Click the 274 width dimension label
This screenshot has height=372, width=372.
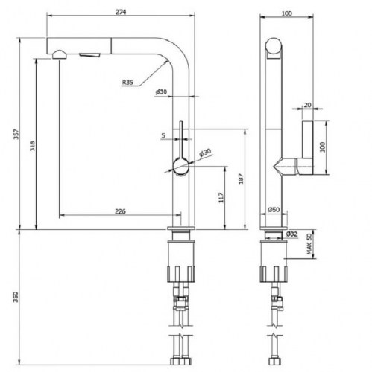[121, 12]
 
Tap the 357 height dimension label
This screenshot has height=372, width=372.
[16, 134]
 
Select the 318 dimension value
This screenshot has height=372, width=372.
[33, 146]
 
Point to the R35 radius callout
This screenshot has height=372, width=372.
[127, 82]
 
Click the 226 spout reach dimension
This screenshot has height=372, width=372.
[120, 211]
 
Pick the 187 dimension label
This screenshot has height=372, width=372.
[241, 179]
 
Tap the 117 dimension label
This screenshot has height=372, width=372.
[221, 198]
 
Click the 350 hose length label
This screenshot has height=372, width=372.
[16, 297]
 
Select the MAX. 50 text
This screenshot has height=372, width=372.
[309, 244]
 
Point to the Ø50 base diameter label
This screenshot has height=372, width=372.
[274, 210]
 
